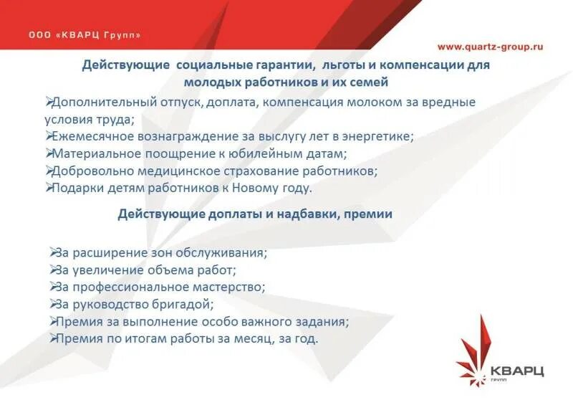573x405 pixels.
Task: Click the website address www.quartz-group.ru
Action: pyautogui.click(x=490, y=47)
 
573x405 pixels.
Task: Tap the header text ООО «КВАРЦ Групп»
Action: pyautogui.click(x=85, y=34)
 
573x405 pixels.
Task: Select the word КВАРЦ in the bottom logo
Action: pyautogui.click(x=517, y=370)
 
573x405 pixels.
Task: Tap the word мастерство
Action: pyautogui.click(x=229, y=287)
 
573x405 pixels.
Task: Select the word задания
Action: pyautogui.click(x=323, y=321)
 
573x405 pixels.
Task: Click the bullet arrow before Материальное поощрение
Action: pyautogui.click(x=48, y=153)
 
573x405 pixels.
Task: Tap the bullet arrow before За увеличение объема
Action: pyautogui.click(x=54, y=270)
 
